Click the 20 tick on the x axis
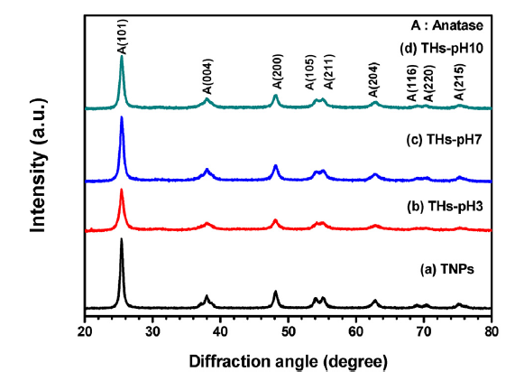pyautogui.click(x=85, y=332)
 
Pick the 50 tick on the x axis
pyautogui.click(x=288, y=332)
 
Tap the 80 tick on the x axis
pyautogui.click(x=491, y=332)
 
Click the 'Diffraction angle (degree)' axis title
pyautogui.click(x=288, y=361)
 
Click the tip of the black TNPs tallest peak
pyautogui.click(x=122, y=238)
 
